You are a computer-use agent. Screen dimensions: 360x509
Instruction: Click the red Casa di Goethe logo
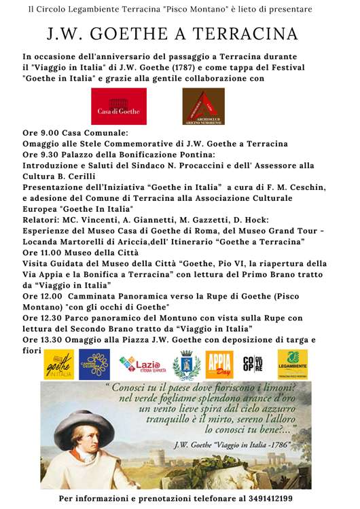(x=119, y=107)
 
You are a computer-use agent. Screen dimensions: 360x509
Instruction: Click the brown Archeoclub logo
(x=203, y=107)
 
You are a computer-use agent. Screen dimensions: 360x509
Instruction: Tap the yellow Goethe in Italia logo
(x=59, y=364)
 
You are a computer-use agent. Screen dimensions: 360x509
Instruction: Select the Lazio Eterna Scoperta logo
(x=141, y=365)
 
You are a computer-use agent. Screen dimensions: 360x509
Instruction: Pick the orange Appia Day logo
(x=219, y=364)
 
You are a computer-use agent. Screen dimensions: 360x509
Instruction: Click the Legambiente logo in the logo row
(x=292, y=364)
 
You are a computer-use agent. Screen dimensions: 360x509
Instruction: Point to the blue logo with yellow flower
(x=94, y=364)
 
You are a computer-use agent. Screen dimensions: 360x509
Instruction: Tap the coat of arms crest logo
(x=186, y=364)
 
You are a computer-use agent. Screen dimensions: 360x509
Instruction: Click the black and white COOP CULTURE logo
(x=253, y=364)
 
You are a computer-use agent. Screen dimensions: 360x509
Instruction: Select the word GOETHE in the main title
(x=126, y=35)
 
